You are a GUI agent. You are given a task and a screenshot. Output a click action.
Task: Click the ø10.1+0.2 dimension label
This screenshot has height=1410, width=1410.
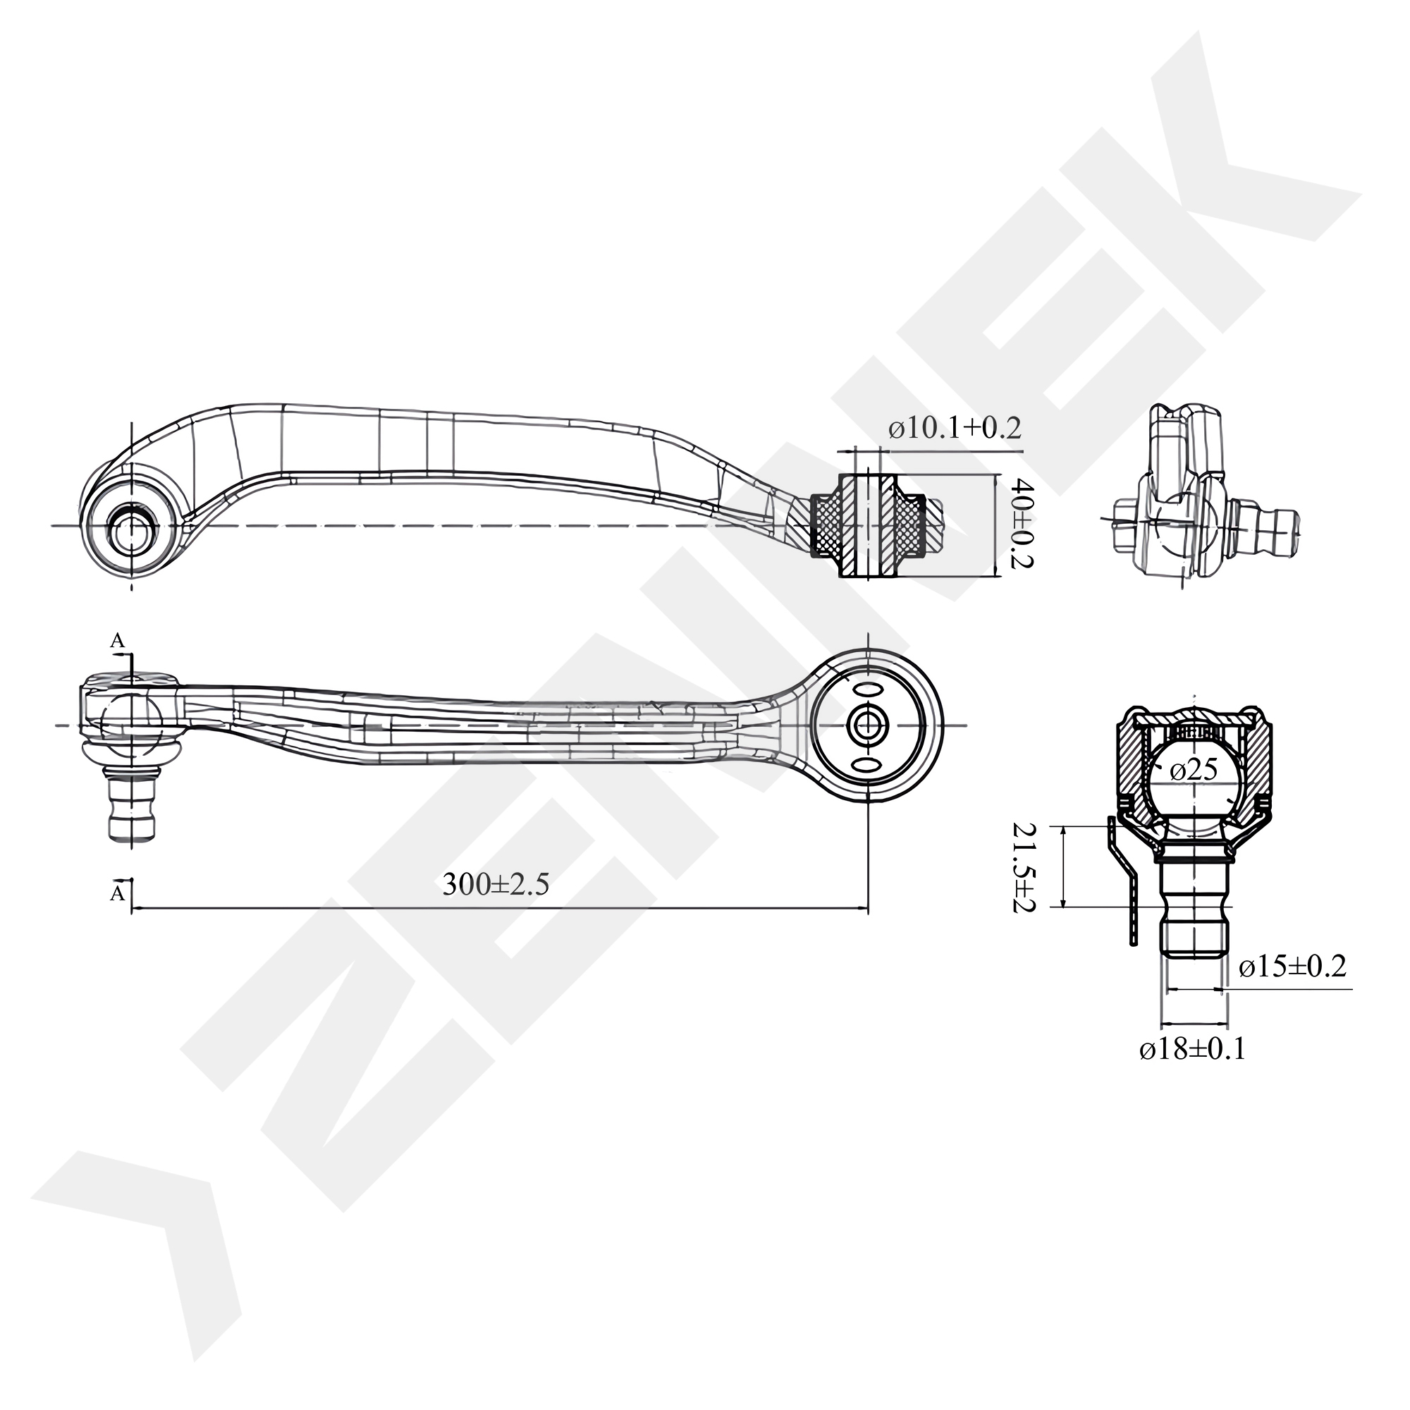pos(955,429)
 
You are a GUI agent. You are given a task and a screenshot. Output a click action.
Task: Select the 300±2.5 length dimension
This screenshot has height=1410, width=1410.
pos(496,885)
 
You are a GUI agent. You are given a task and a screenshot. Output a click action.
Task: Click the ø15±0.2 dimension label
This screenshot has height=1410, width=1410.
pos(1292,967)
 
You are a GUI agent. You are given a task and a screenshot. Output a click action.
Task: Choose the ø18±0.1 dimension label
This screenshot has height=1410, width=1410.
pos(1193,1049)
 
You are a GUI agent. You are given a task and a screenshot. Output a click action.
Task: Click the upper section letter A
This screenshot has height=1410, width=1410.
pos(117,641)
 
